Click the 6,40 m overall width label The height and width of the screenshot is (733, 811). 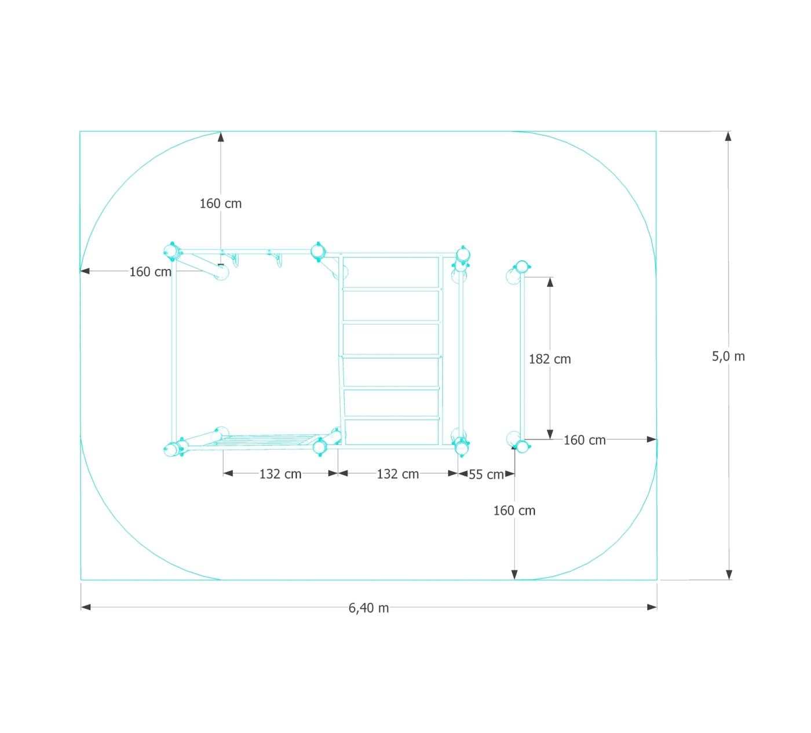click(368, 608)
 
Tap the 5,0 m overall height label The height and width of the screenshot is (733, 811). click(728, 356)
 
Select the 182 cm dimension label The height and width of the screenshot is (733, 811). click(550, 359)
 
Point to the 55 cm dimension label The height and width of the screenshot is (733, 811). click(486, 474)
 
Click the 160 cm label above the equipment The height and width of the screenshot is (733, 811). click(220, 203)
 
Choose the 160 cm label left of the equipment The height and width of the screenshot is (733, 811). click(150, 271)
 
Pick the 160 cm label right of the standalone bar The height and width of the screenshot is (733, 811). click(584, 440)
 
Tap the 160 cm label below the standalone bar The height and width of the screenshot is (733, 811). click(514, 510)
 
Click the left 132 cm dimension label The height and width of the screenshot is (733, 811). click(280, 474)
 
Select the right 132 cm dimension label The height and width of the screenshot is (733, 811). click(398, 474)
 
